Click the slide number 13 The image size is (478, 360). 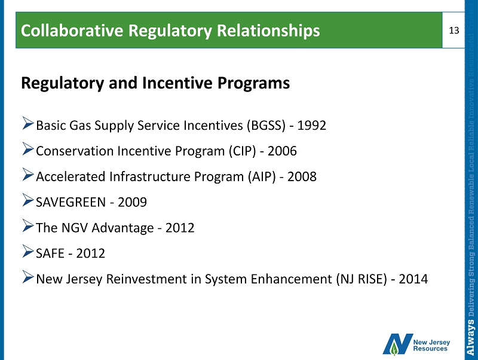(x=454, y=30)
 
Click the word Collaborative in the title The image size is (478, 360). (x=72, y=30)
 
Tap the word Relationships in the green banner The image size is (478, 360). (x=268, y=31)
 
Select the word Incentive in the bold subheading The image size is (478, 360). (x=177, y=83)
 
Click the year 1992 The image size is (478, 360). (x=311, y=125)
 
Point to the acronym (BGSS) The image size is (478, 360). (x=266, y=126)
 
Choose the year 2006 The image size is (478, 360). (x=282, y=151)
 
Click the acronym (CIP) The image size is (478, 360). (x=243, y=151)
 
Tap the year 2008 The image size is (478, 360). (x=302, y=176)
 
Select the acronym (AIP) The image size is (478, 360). (x=262, y=176)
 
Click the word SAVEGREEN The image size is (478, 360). (x=71, y=202)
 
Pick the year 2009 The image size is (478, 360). (x=132, y=202)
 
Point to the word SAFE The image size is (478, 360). (x=50, y=253)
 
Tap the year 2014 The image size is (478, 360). (x=413, y=279)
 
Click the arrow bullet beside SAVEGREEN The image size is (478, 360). (x=27, y=200)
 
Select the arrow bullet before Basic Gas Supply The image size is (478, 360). (x=27, y=123)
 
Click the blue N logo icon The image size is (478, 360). (x=397, y=344)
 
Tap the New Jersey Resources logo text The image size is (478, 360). (x=431, y=346)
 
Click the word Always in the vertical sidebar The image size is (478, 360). (x=471, y=337)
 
